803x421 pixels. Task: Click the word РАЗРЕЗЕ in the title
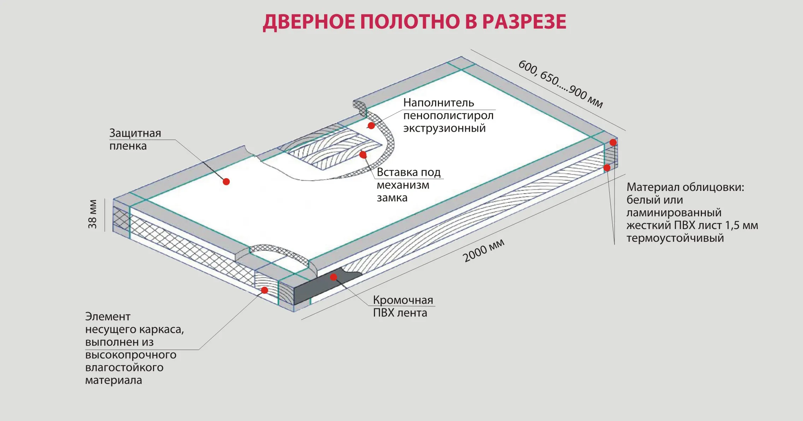click(524, 22)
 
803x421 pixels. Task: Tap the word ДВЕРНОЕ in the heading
click(309, 22)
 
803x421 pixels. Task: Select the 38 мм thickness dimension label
click(93, 214)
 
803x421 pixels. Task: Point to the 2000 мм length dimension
click(483, 250)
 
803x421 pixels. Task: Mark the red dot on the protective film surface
click(226, 181)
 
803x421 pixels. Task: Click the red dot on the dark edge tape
click(333, 277)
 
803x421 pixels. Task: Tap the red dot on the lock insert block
click(363, 155)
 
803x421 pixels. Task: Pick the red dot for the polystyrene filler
click(371, 125)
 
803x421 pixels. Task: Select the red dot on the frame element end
click(264, 290)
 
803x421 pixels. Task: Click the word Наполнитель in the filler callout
click(438, 103)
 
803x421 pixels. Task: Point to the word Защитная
click(135, 133)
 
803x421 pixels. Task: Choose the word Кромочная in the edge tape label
click(403, 300)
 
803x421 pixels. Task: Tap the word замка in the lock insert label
click(392, 198)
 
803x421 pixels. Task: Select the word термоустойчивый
click(675, 238)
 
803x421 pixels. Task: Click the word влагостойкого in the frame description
click(124, 367)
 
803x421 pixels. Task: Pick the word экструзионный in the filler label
click(444, 128)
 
